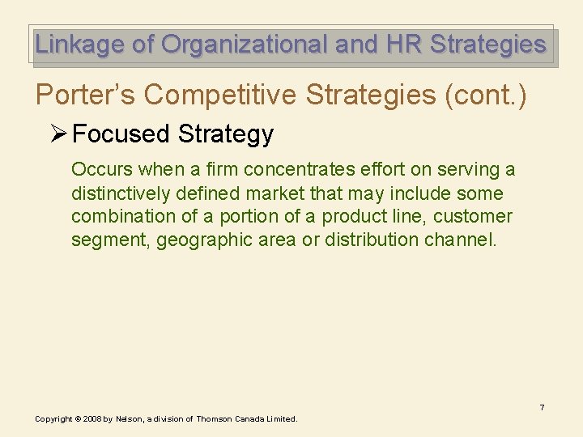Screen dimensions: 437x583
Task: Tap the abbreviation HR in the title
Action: (402, 45)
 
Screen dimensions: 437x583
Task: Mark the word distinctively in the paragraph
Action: (121, 193)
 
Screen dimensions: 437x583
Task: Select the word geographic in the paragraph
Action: (200, 240)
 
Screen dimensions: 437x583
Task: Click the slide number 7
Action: (543, 407)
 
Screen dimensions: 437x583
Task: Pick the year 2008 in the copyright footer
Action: (91, 419)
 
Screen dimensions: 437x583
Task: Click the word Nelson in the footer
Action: (129, 419)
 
